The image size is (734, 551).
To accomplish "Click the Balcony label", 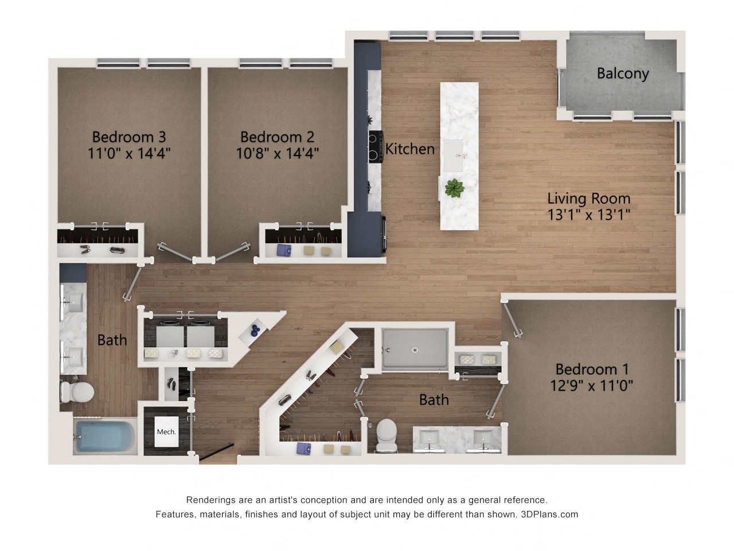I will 623,73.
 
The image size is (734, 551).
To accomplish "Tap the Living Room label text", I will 588,199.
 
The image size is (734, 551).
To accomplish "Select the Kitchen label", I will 410,149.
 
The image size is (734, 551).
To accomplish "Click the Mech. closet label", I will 166,432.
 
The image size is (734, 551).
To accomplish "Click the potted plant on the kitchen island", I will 454,188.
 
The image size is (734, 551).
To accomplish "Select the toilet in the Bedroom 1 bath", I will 386,435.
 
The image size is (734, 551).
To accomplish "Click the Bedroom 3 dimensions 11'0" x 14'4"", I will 129,153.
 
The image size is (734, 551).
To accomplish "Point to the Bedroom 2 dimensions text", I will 278,153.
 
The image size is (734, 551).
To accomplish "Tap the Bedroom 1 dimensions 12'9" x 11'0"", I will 592,385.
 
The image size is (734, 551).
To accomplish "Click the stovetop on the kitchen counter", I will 376,146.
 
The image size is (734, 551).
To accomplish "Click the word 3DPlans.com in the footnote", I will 549,514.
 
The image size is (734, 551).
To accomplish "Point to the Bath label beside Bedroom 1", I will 434,399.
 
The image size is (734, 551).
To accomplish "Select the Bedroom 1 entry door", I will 512,320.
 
